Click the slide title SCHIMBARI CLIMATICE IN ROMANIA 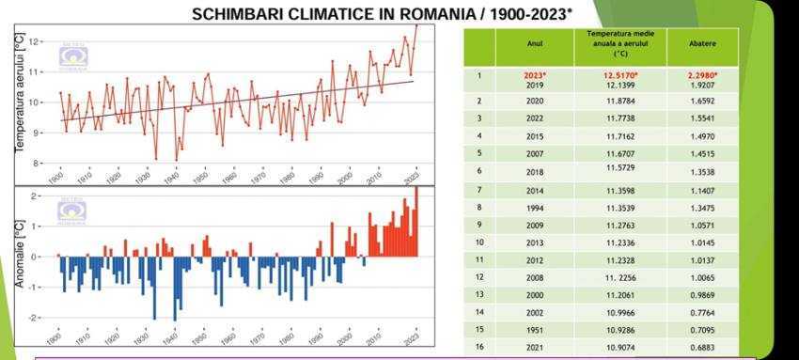[382, 14]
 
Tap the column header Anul [534, 46]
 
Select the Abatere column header [702, 47]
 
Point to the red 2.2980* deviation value [702, 75]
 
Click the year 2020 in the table [534, 101]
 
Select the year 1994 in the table [534, 207]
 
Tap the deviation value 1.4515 [702, 153]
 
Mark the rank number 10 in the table [479, 242]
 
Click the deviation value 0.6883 [702, 347]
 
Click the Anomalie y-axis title [19, 254]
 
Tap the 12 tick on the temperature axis [34, 41]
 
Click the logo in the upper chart [72, 56]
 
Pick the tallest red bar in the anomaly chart [416, 221]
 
